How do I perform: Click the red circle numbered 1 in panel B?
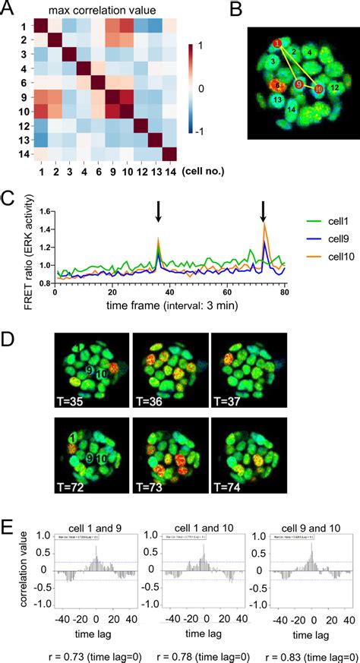tap(278, 43)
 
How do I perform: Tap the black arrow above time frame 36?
tap(158, 211)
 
